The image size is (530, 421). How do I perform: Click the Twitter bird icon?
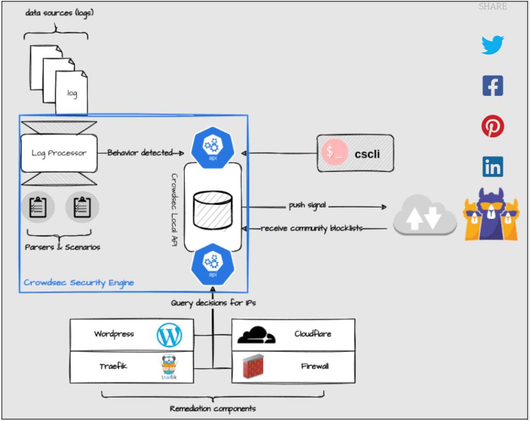493,45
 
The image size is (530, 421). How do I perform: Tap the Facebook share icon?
493,85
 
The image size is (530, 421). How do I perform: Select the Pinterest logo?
493,126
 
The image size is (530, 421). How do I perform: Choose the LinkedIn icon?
493,167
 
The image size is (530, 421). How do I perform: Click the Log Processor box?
59,153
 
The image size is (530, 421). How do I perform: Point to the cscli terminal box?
355,153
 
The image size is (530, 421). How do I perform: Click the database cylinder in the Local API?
212,210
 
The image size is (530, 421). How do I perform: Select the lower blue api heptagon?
212,263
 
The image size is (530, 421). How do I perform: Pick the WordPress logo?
169,335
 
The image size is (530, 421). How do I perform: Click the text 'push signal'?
308,206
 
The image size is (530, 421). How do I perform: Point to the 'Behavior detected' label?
140,153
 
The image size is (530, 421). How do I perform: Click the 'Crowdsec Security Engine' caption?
79,283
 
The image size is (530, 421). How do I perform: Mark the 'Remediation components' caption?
213,409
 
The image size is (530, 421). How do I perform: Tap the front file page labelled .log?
71,93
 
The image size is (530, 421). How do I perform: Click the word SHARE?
493,7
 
